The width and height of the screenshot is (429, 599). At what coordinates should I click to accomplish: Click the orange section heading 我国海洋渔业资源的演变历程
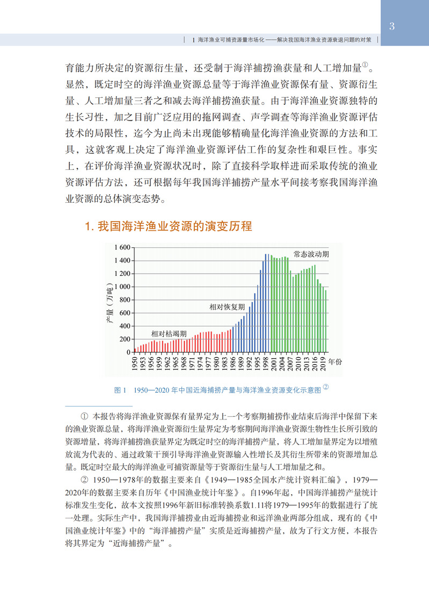point(169,226)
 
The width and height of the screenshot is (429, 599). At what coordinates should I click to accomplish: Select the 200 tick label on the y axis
point(125,339)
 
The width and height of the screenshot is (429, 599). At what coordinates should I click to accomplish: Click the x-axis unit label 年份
point(335,362)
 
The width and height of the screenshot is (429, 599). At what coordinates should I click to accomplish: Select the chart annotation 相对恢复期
point(227,307)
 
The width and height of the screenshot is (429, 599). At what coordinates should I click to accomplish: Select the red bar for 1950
point(135,350)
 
